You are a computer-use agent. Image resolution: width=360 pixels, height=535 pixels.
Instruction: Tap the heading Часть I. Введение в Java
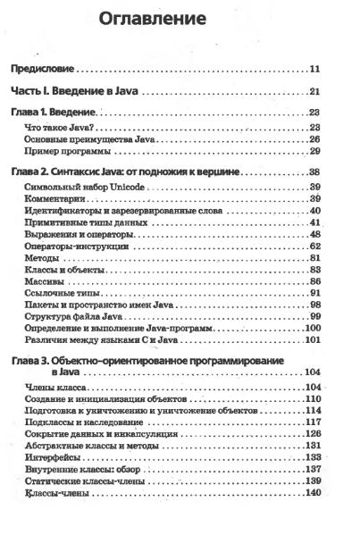tap(78, 91)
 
